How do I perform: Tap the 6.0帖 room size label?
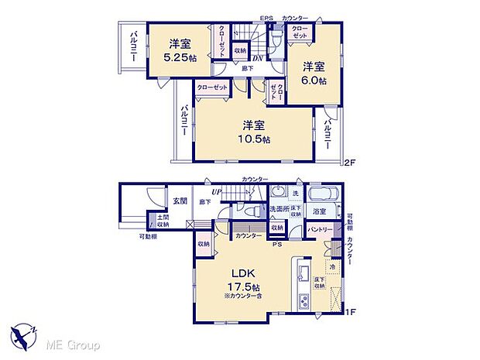[x=314, y=80]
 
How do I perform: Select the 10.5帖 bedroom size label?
[x=254, y=139]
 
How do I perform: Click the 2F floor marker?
[x=349, y=162]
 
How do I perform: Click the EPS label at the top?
[x=266, y=19]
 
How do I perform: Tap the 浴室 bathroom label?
[x=319, y=211]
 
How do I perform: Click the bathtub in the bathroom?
[x=321, y=194]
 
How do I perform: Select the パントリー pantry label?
[x=321, y=230]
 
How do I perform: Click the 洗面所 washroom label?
[x=279, y=210]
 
